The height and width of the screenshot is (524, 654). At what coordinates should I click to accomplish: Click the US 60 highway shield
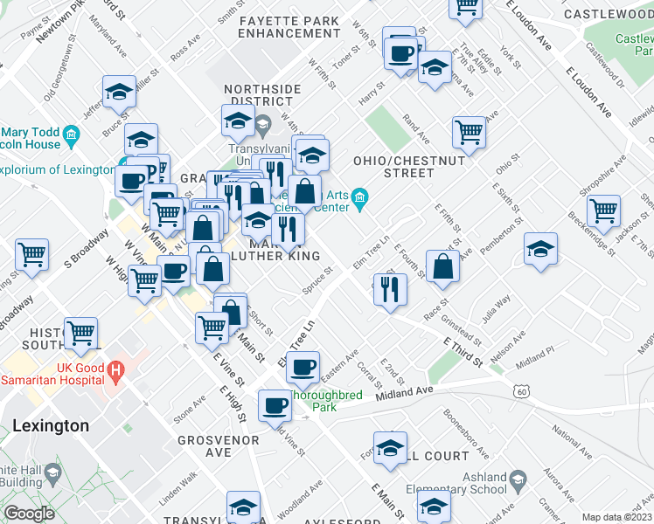click(521, 392)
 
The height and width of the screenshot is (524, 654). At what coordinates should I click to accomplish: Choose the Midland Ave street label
click(404, 393)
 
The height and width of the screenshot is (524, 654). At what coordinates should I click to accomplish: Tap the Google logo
click(29, 514)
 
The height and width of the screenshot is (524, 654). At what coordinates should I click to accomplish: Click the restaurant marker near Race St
click(390, 287)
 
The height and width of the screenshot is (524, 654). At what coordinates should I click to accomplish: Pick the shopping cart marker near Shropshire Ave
click(603, 210)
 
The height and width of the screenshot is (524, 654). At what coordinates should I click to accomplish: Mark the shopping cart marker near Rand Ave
click(470, 131)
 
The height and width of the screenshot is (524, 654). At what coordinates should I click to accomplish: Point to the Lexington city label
click(51, 426)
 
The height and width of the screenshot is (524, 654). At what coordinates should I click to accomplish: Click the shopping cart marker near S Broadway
click(32, 254)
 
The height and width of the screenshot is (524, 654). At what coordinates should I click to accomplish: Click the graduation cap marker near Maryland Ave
click(119, 91)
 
